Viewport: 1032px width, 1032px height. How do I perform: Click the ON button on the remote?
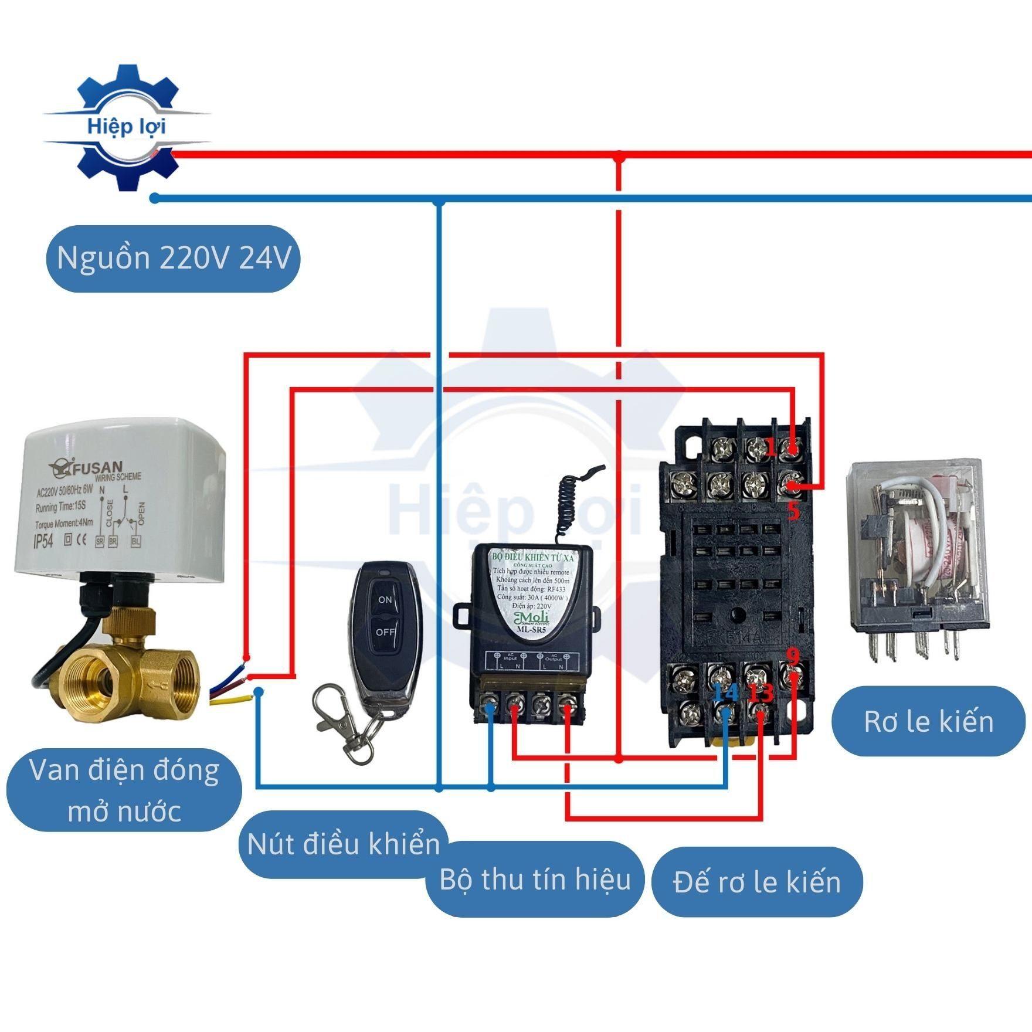click(x=385, y=599)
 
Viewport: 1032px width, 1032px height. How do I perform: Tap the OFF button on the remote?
click(x=385, y=632)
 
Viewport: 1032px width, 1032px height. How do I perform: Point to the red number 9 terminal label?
click(x=793, y=655)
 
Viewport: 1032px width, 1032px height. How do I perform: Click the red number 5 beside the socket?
click(x=793, y=511)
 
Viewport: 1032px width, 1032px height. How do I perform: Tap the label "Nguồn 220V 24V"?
click(x=174, y=259)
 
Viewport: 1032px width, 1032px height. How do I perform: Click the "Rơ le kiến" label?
click(x=929, y=721)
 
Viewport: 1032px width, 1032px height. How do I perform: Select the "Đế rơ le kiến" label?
click(x=757, y=881)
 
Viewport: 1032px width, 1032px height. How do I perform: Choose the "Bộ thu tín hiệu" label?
click(x=535, y=879)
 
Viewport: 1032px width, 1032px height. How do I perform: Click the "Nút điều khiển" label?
click(x=344, y=844)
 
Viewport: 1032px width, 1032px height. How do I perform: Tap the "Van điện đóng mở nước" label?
click(x=124, y=792)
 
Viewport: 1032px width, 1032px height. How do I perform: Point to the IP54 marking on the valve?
click(x=42, y=541)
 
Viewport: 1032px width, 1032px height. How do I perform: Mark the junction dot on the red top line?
click(x=619, y=155)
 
